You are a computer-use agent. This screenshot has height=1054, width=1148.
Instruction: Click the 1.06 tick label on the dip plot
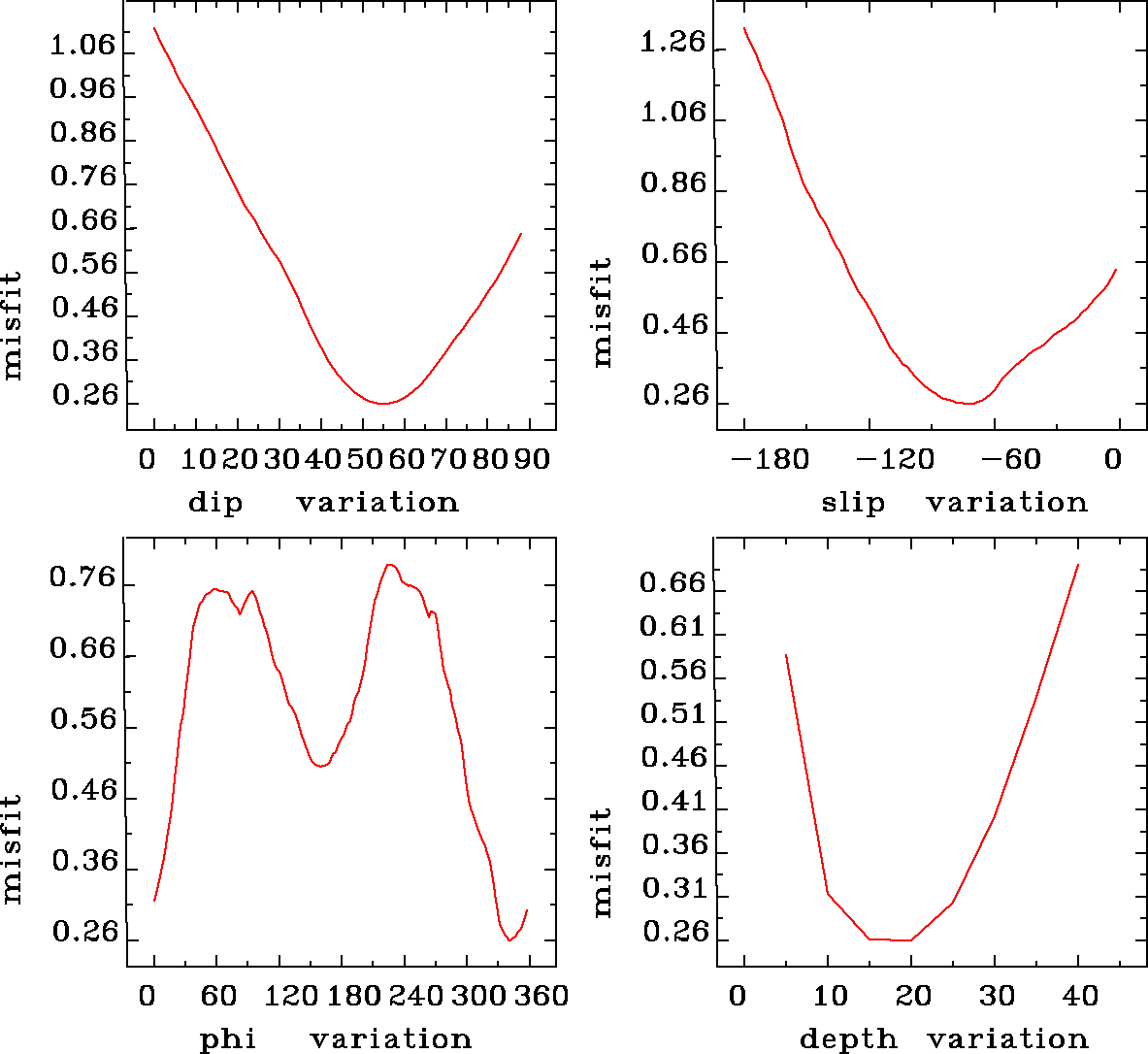pyautogui.click(x=82, y=46)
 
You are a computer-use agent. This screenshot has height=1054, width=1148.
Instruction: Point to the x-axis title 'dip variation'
pyautogui.click(x=323, y=503)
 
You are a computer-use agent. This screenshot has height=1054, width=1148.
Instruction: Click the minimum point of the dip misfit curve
pyautogui.click(x=383, y=403)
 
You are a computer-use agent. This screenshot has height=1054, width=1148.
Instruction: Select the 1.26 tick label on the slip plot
pyautogui.click(x=673, y=44)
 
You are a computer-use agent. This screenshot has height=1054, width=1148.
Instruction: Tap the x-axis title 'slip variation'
pyautogui.click(x=955, y=503)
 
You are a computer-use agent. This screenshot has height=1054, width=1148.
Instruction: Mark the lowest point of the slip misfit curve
pyautogui.click(x=968, y=403)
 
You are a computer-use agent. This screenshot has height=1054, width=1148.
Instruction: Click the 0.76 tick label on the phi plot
pyautogui.click(x=82, y=579)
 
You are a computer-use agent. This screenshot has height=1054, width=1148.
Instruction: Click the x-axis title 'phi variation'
pyautogui.click(x=336, y=1039)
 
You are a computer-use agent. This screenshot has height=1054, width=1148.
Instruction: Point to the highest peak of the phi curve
pyautogui.click(x=389, y=564)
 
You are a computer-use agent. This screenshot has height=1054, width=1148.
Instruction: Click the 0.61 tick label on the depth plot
pyautogui.click(x=672, y=627)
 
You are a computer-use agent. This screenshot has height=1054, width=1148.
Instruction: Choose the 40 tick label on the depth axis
pyautogui.click(x=1080, y=996)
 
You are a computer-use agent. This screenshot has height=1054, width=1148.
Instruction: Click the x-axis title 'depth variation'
pyautogui.click(x=943, y=1039)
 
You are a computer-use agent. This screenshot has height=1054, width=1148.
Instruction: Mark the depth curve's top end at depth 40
pyautogui.click(x=1077, y=565)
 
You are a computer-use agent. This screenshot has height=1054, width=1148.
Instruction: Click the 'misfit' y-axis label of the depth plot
pyautogui.click(x=603, y=863)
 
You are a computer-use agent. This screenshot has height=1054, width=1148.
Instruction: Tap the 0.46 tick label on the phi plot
pyautogui.click(x=82, y=791)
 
